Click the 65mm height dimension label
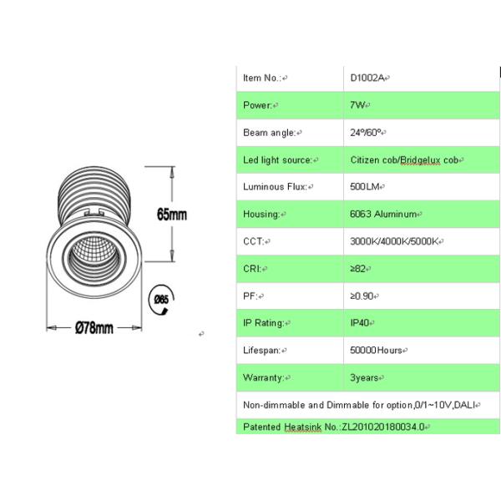tap(172, 215)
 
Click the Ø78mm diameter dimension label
tap(94, 327)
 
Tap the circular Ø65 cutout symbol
tap(161, 298)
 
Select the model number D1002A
tap(368, 78)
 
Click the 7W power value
tap(358, 105)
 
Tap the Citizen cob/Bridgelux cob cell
tap(406, 159)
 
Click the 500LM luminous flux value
tap(366, 187)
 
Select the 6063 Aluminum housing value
tap(383, 214)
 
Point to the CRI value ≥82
tap(359, 269)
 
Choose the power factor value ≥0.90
tap(363, 296)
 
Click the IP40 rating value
tap(361, 323)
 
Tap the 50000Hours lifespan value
tap(377, 351)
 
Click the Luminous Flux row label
tap(275, 187)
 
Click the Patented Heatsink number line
tap(334, 427)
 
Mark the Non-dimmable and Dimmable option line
tap(359, 405)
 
